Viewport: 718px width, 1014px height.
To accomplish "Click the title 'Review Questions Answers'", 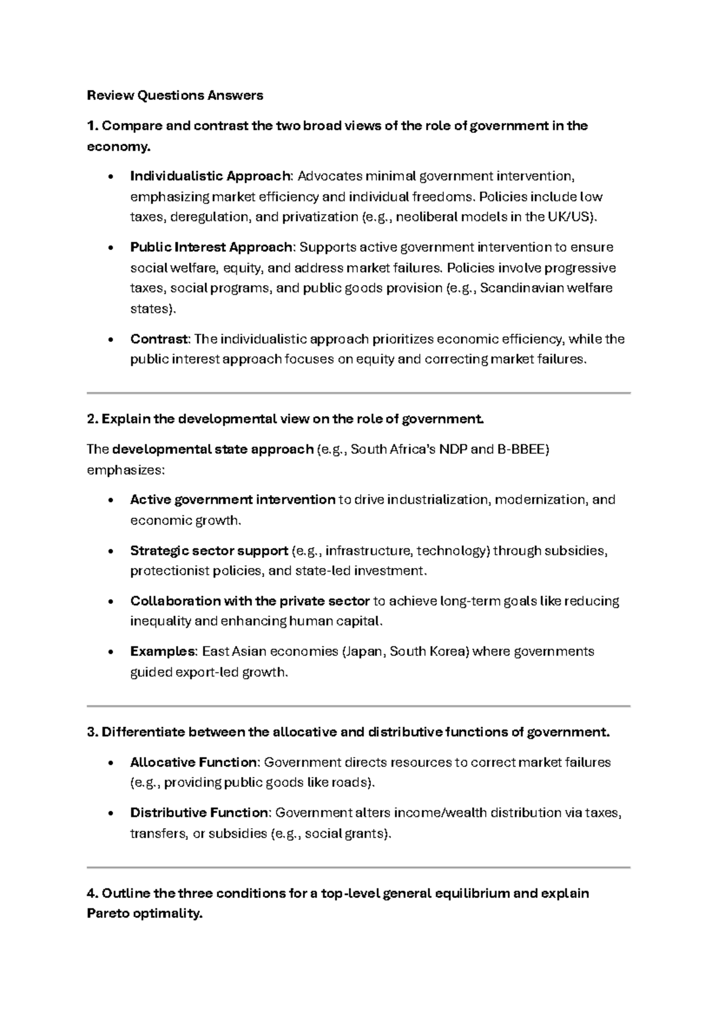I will (175, 95).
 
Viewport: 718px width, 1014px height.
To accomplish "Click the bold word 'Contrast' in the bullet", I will (159, 339).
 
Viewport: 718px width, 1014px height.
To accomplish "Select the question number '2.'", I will (93, 419).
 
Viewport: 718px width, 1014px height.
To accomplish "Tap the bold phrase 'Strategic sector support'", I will (209, 550).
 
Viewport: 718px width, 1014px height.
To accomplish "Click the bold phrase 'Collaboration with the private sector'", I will (250, 600).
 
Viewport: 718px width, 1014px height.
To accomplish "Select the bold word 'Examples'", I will (163, 651).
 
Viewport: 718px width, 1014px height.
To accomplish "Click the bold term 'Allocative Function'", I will (193, 762).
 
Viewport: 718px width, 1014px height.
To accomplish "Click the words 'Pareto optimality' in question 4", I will (144, 914).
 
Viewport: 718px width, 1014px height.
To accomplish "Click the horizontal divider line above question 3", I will (358, 706).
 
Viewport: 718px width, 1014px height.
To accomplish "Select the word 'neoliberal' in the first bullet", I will (424, 216).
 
